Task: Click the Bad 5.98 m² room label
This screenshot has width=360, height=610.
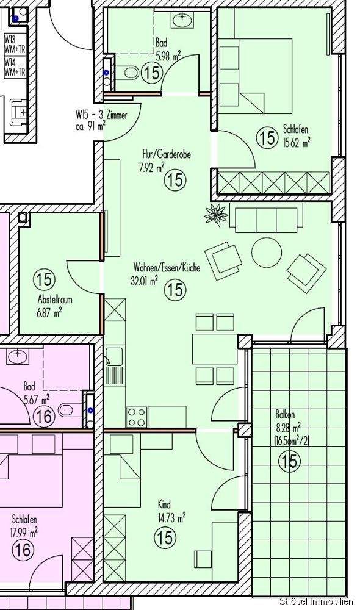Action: point(168,49)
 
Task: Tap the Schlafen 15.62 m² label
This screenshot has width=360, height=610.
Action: point(297,135)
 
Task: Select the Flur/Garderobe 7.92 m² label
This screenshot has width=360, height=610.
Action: point(162,160)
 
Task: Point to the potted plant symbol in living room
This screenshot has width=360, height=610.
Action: point(215,215)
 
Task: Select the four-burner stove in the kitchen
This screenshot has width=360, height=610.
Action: point(137,417)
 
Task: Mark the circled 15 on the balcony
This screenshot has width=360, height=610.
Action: point(290,462)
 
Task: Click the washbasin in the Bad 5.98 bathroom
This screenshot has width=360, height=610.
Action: point(182,20)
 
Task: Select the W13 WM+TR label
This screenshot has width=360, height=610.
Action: point(14,45)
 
